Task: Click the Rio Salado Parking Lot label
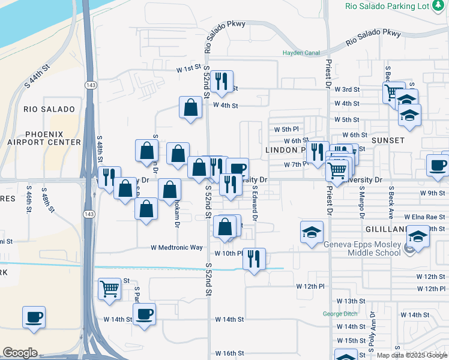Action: [388, 6]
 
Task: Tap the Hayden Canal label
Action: [301, 53]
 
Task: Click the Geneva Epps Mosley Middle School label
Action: [361, 248]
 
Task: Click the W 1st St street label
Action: [188, 70]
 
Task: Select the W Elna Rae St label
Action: [425, 217]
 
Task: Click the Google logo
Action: [20, 353]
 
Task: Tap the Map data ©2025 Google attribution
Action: [412, 355]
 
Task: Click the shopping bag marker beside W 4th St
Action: [190, 108]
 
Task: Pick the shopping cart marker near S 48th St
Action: [109, 289]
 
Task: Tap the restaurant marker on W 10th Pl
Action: [254, 259]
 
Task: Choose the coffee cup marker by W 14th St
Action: [144, 314]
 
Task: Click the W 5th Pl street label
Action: [286, 129]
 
